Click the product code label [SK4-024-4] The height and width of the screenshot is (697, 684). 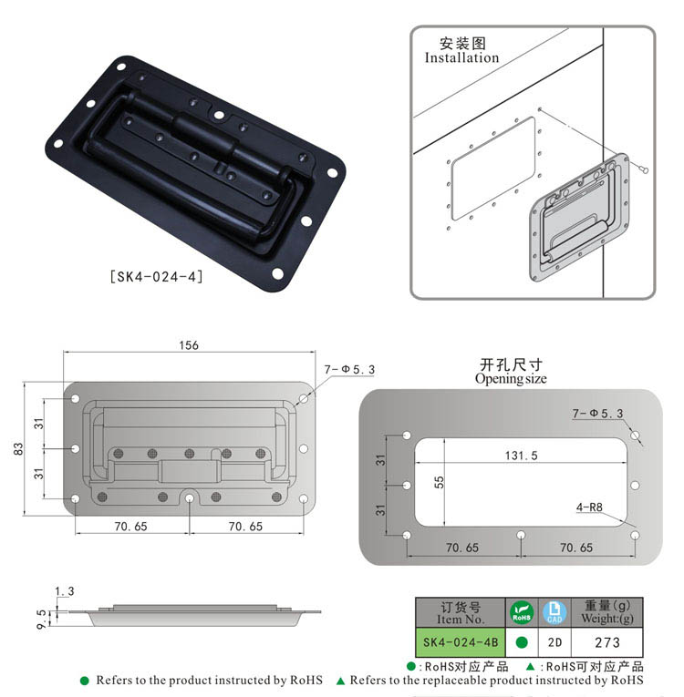pyautogui.click(x=155, y=275)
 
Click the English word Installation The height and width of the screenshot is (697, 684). pyautogui.click(x=461, y=57)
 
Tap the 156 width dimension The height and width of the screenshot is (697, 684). pyautogui.click(x=189, y=345)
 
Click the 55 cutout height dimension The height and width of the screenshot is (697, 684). pyautogui.click(x=438, y=484)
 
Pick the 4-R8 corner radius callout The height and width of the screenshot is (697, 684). pyautogui.click(x=592, y=506)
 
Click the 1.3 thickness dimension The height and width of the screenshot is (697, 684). pyautogui.click(x=65, y=592)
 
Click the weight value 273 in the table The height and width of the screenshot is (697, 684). pyautogui.click(x=606, y=641)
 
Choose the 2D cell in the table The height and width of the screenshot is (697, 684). pyautogui.click(x=554, y=641)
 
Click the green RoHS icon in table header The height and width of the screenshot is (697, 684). pyautogui.click(x=523, y=611)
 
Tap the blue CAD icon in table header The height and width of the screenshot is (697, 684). pyautogui.click(x=554, y=611)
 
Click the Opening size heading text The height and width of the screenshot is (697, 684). pyautogui.click(x=511, y=378)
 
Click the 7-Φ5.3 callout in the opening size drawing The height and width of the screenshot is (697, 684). pyautogui.click(x=597, y=414)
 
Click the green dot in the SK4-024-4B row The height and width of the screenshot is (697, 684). pyautogui.click(x=523, y=641)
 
